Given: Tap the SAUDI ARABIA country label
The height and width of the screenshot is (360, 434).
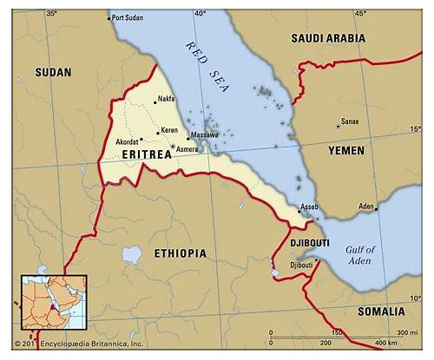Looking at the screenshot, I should point(328,38).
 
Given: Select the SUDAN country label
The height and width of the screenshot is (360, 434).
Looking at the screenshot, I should point(53,73).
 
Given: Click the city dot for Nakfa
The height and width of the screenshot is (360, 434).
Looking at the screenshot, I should point(155,102).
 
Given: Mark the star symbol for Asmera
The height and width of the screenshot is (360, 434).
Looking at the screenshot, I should point(174,147).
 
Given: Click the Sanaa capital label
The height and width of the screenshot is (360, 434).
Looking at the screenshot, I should point(350,122).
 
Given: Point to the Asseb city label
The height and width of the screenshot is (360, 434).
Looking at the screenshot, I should point(309,206).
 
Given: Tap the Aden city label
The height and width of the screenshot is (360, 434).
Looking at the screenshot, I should point(366,206).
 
